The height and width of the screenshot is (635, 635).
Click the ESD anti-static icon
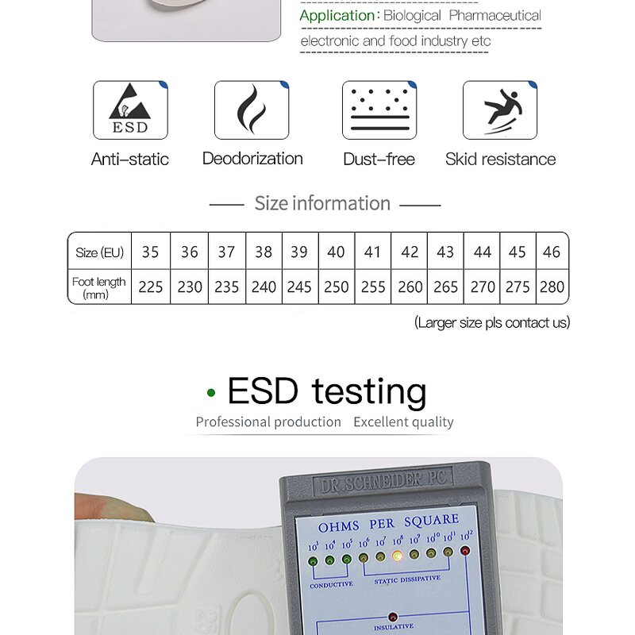130,110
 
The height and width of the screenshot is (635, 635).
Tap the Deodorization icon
252,110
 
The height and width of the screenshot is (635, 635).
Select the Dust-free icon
379,110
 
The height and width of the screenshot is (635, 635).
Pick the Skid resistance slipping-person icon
500,110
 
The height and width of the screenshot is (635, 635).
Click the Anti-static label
130,159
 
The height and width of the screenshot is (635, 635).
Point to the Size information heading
322,203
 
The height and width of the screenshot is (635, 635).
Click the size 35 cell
150,252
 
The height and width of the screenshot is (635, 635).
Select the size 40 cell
336,252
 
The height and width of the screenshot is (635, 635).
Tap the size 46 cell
552,252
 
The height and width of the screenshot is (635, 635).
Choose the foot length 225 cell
150,287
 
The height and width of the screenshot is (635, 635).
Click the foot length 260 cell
410,287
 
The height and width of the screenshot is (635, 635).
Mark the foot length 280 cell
552,287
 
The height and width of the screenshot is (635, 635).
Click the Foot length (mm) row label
98,287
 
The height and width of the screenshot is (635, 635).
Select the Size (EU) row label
99,252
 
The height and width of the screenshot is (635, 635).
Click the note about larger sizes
492,322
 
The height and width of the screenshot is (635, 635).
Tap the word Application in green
337,16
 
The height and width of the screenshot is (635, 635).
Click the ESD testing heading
326,391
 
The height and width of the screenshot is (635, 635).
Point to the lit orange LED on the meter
398,556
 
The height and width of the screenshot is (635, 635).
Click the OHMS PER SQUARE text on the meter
388,523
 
